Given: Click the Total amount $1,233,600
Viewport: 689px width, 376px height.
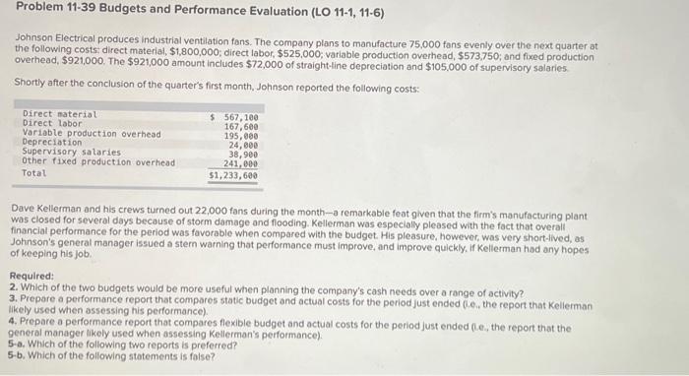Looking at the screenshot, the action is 233,175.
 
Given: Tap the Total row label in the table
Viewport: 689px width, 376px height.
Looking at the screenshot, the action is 34,173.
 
